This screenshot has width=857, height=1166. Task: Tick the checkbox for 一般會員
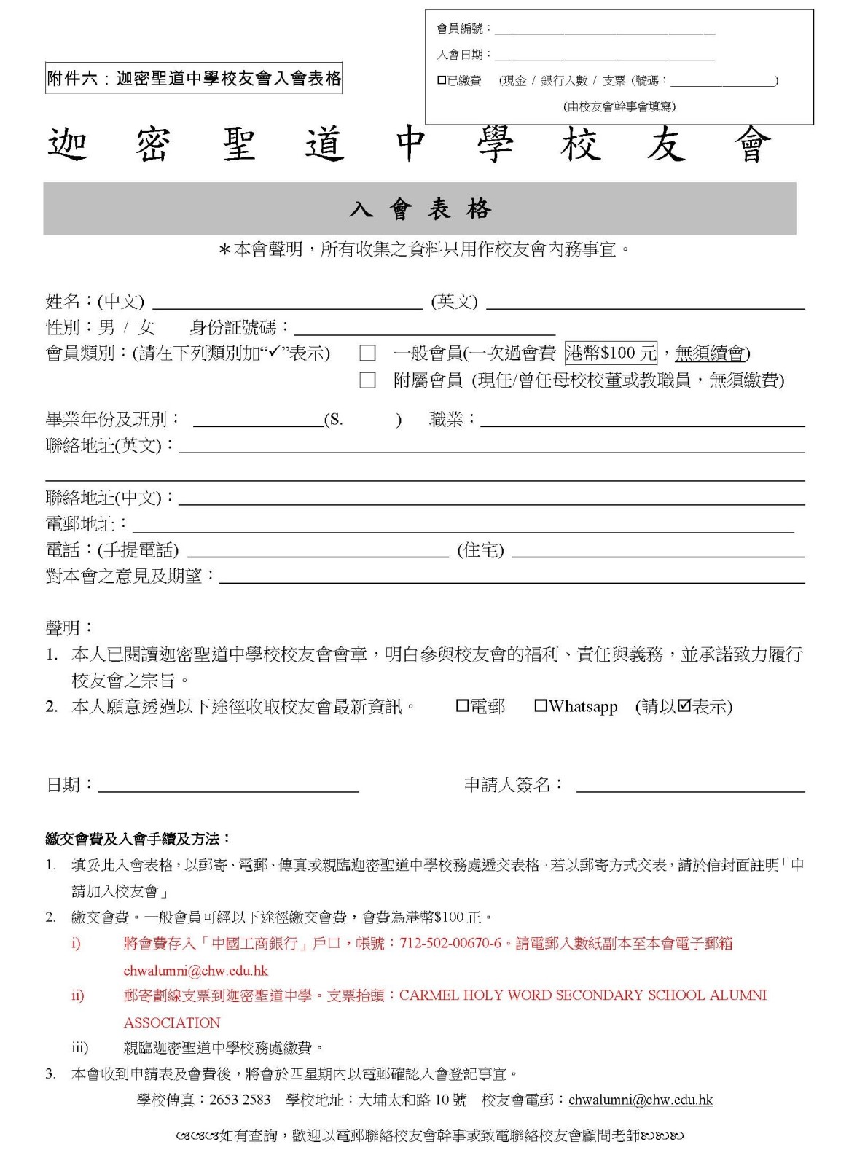click(367, 354)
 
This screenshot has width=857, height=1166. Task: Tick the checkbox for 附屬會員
click(367, 380)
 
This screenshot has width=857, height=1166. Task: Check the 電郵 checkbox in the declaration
click(462, 705)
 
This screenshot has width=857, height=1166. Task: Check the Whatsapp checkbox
click(541, 705)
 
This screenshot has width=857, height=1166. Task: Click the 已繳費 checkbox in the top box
click(442, 81)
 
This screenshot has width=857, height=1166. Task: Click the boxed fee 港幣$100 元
click(611, 353)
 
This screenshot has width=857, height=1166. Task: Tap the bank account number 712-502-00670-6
click(450, 943)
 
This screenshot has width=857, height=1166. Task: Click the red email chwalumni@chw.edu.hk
click(195, 971)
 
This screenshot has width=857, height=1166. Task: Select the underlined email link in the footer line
click(640, 1100)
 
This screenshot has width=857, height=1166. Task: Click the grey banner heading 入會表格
click(420, 209)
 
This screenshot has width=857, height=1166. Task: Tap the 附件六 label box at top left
click(194, 78)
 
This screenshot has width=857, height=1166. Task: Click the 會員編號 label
click(461, 29)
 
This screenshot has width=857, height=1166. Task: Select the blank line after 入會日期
click(605, 57)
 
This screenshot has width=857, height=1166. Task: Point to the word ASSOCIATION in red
click(172, 1022)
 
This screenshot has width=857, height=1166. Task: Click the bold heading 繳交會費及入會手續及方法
click(138, 840)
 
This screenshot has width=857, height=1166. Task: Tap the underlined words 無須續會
click(710, 354)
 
